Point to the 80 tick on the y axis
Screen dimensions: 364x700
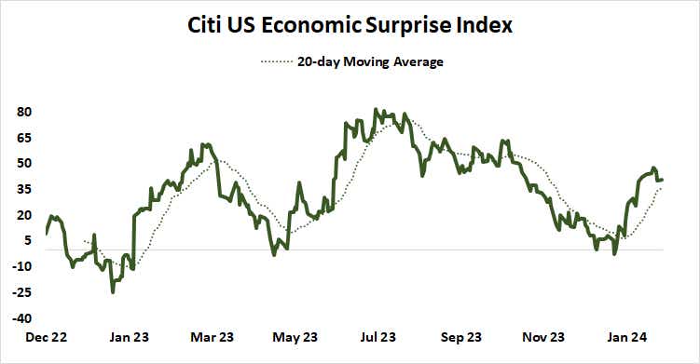click(x=25, y=112)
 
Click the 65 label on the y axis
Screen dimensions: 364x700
click(x=25, y=138)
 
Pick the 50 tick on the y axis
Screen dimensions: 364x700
click(x=25, y=163)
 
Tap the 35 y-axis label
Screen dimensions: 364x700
click(x=25, y=189)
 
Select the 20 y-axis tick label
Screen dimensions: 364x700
click(x=25, y=214)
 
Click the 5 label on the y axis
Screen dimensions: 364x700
click(x=29, y=240)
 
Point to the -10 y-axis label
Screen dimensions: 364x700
click(x=23, y=266)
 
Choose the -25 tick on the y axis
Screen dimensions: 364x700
click(x=23, y=292)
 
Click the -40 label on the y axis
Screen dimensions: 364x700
click(x=23, y=317)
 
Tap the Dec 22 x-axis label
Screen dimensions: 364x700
click(x=45, y=337)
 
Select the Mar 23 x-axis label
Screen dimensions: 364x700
click(x=213, y=337)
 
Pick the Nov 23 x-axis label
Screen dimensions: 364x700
click(x=543, y=337)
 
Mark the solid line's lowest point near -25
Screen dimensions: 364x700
click(x=114, y=292)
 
